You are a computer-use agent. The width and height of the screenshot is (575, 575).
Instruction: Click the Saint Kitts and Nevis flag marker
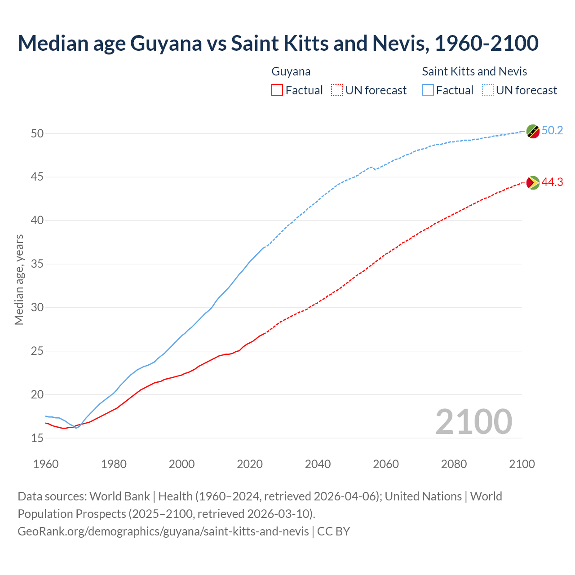coord(533,131)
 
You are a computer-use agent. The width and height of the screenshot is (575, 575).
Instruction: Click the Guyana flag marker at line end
coord(533,182)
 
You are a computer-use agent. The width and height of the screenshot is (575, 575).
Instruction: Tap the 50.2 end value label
coord(552,131)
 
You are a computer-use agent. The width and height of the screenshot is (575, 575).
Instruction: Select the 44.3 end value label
coord(552,182)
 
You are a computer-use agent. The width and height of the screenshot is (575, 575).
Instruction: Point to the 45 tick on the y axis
coord(37,177)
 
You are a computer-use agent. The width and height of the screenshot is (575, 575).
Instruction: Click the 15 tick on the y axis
coord(37,438)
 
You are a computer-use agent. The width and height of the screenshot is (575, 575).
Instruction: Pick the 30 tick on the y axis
coord(37,308)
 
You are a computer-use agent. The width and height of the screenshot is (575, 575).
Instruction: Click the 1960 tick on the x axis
coord(46,464)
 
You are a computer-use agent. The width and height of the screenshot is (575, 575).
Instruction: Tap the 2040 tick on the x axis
coord(318,464)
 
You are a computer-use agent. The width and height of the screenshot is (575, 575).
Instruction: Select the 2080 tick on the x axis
coord(454,464)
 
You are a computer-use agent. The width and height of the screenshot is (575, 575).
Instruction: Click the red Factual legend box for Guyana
coord(277,90)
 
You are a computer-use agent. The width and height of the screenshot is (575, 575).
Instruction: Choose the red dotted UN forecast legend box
coord(337,90)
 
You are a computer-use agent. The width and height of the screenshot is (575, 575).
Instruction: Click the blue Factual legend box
coord(428,90)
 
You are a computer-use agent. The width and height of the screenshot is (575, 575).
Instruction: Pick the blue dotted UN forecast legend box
coord(487,90)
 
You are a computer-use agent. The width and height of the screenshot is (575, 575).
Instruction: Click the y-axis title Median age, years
coord(19,279)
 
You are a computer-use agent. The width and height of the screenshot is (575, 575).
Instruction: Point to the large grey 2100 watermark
coord(473,422)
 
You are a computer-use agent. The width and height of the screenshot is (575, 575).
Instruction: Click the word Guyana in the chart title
coord(166,43)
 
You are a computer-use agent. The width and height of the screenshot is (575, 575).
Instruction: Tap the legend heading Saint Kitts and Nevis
coord(474,71)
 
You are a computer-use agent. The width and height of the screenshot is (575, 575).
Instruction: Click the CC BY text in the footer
coord(333,531)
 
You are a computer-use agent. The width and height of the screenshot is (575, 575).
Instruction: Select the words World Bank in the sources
coord(119,496)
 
